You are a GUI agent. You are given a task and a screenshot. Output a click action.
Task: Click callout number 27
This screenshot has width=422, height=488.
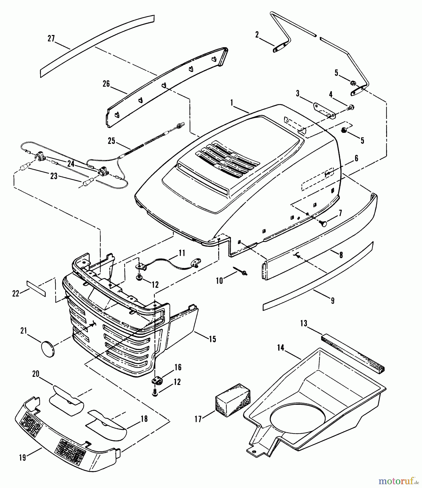(51, 38)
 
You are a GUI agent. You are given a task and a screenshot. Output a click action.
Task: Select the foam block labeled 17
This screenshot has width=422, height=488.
(233, 398)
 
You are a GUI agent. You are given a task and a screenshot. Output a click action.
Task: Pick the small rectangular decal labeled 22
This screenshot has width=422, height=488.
(36, 289)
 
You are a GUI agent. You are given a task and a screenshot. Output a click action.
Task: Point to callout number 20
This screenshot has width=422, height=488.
(36, 374)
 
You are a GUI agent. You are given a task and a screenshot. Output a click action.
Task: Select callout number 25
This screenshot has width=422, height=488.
(112, 142)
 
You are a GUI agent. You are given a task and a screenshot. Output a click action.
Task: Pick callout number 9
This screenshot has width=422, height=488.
(333, 300)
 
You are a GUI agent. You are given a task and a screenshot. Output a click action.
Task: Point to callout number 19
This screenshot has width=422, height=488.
(23, 458)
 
